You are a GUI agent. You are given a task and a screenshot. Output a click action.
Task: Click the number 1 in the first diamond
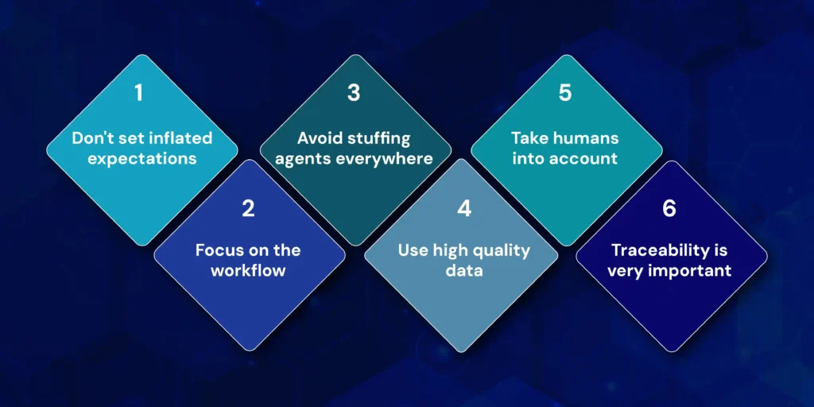[x=138, y=93]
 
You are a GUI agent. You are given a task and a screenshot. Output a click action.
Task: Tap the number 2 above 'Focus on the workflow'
[x=248, y=209]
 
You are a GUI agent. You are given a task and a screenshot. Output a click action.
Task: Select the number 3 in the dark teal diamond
[x=354, y=93]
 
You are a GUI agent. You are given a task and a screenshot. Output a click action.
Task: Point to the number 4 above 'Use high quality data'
[x=464, y=209]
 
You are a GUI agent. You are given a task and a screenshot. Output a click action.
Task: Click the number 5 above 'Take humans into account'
[x=565, y=93]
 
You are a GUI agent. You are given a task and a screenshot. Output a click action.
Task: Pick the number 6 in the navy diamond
[x=669, y=209]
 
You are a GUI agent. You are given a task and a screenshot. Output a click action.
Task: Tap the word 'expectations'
[x=142, y=158]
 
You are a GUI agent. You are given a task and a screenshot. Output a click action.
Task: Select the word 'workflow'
[x=248, y=270]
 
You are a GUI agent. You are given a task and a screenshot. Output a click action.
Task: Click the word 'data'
[x=464, y=270]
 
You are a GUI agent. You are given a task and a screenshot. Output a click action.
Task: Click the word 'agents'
[x=303, y=159]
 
